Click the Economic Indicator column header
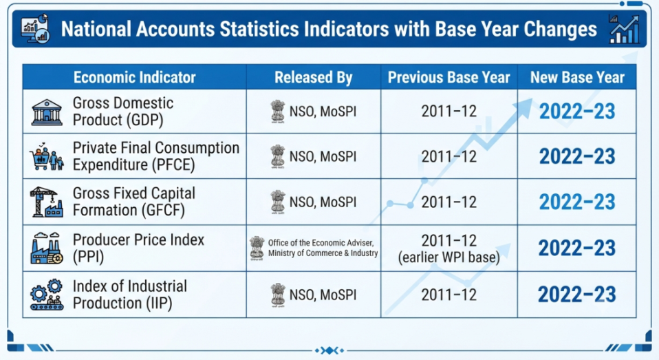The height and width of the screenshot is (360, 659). tap(135, 77)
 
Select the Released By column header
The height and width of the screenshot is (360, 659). tap(314, 77)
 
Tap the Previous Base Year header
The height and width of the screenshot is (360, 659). tap(449, 77)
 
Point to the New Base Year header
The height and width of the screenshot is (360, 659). tap(577, 77)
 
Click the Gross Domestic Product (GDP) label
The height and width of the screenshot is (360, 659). tap(122, 112)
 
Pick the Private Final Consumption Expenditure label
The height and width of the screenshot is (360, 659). tap(156, 156)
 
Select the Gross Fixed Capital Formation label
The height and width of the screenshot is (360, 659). tap(133, 202)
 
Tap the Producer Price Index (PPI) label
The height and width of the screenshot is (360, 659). tap(138, 248)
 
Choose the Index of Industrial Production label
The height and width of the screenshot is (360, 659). tap(129, 295)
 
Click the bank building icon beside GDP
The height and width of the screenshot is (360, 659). tap(47, 112)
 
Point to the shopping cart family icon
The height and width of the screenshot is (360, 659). tap(46, 157)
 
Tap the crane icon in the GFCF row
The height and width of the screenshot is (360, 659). tap(46, 202)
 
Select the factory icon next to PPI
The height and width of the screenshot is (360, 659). tap(46, 248)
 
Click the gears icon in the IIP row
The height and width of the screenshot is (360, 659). tap(46, 295)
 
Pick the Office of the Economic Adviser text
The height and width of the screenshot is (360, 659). tap(321, 243)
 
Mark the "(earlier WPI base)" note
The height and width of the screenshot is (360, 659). tap(449, 257)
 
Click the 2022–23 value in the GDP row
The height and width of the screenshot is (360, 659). tap(577, 112)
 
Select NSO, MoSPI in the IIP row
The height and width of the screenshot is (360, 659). tap(323, 295)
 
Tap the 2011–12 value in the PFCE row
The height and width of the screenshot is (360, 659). tap(449, 157)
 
